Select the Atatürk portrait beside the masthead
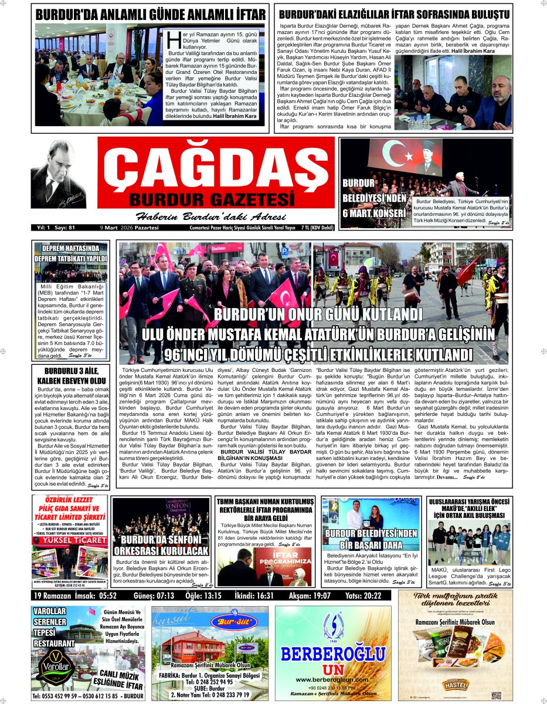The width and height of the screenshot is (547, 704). tap(58, 174)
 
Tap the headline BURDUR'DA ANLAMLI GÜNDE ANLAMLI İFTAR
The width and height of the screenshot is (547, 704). tap(150, 13)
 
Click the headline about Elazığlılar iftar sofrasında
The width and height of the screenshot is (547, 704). tap(393, 13)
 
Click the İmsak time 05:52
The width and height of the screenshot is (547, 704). tap(116, 596)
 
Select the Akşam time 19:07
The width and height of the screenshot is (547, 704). tap(321, 596)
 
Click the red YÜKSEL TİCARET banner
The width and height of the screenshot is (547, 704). tap(70, 539)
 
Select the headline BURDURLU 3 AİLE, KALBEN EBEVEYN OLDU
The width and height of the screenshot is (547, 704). tap(70, 375)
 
